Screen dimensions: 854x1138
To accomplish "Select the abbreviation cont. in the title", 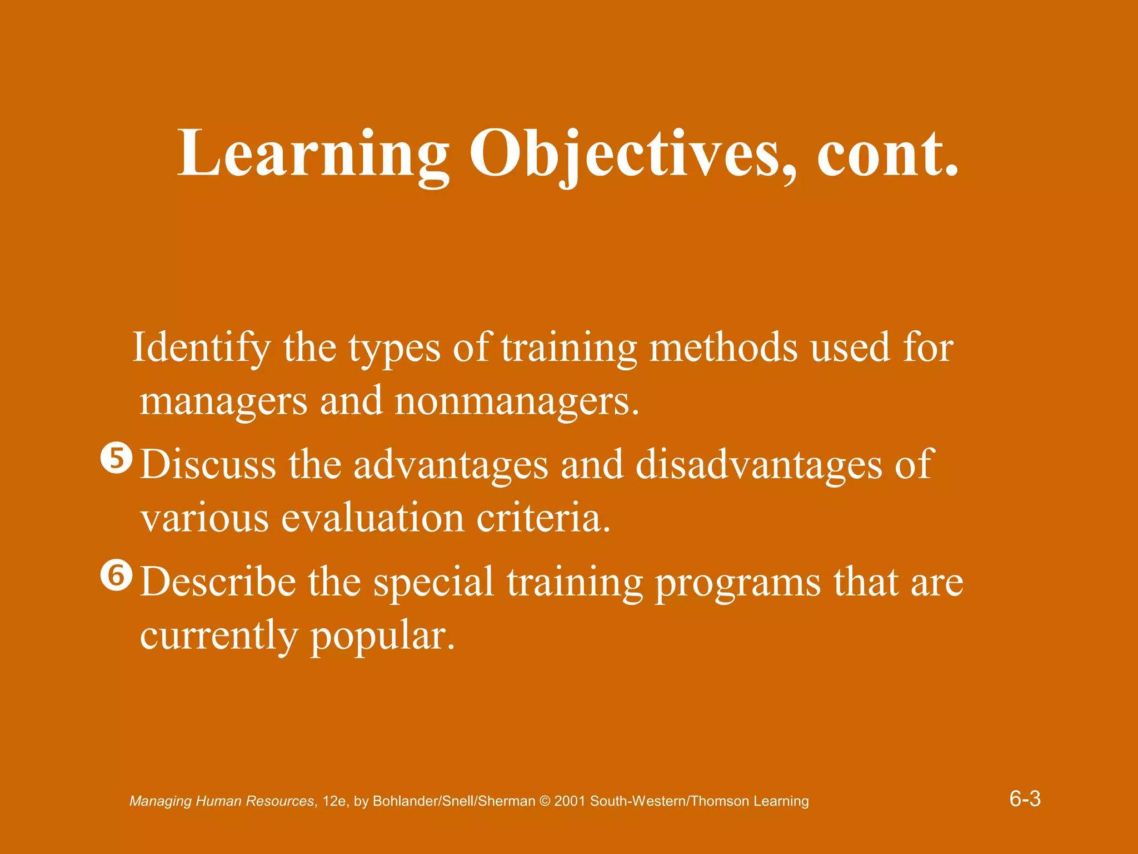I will [887, 153].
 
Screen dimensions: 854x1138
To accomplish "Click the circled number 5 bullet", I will [117, 459].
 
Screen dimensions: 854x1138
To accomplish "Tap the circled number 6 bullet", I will [117, 577].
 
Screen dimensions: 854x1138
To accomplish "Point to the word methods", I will [723, 347].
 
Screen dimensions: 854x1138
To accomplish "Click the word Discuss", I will [208, 465].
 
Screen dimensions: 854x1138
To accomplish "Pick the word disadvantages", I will [758, 465].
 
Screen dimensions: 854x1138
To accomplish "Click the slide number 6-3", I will [1025, 800].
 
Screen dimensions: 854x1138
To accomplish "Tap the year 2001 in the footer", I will [570, 801].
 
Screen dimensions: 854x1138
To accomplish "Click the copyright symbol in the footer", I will [545, 801].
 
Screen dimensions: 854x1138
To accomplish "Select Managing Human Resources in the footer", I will [222, 801].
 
